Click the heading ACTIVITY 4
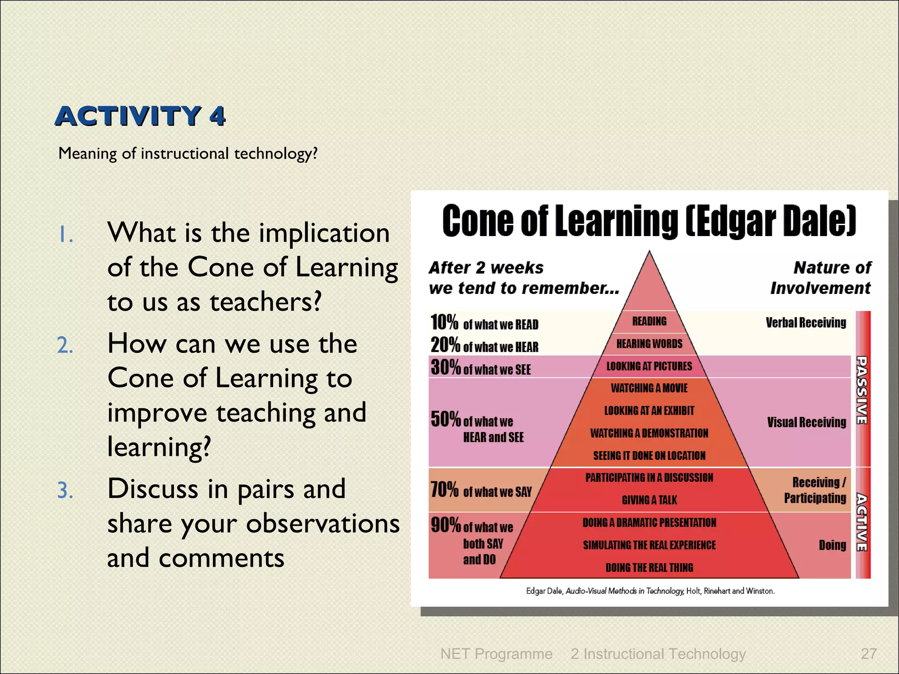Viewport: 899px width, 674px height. click(140, 116)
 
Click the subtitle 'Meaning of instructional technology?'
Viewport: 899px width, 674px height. click(187, 154)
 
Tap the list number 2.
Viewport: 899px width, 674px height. click(65, 345)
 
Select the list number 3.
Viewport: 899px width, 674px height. click(65, 491)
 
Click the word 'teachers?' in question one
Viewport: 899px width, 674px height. click(265, 302)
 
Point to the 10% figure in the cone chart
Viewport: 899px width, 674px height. click(444, 322)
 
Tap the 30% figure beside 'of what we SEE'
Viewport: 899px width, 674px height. click(445, 367)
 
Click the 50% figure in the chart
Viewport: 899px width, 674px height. click(445, 419)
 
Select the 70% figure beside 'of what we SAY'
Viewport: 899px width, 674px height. click(444, 489)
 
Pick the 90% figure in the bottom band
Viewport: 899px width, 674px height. click(445, 525)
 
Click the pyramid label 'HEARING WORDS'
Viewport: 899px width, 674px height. click(649, 344)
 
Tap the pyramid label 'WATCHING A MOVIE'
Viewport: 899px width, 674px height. click(649, 388)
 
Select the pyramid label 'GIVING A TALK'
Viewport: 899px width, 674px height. click(649, 500)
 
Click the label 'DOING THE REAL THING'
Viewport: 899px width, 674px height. click(649, 568)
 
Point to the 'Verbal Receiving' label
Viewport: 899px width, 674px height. click(806, 323)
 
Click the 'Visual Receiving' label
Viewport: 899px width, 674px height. click(806, 423)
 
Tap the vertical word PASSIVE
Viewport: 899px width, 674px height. click(862, 390)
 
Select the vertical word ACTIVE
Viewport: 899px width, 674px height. click(862, 522)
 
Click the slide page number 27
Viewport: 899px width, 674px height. click(869, 654)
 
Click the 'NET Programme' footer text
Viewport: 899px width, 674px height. click(496, 654)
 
